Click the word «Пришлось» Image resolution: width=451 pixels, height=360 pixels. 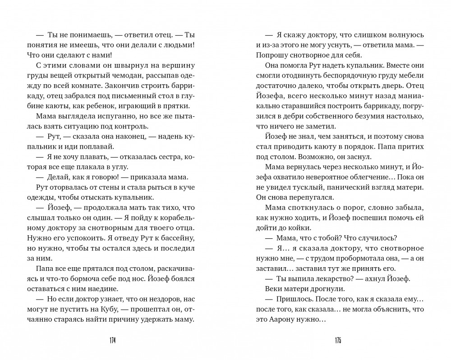pyautogui.click(x=286, y=299)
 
